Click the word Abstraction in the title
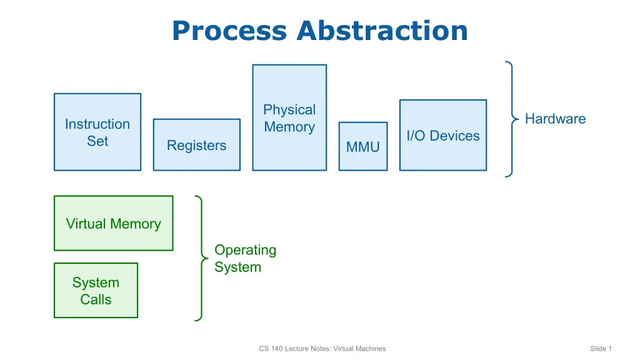point(382,31)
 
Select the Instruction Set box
point(97,132)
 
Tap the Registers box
point(196,145)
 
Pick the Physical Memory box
point(289,117)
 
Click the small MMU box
point(363,147)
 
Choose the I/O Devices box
point(443,135)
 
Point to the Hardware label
point(555,119)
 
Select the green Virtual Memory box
point(113,223)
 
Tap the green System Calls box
point(96,291)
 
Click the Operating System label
point(245,258)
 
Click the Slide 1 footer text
point(601,348)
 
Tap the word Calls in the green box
point(96,299)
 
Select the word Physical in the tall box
point(289,110)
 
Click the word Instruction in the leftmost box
point(97,124)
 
